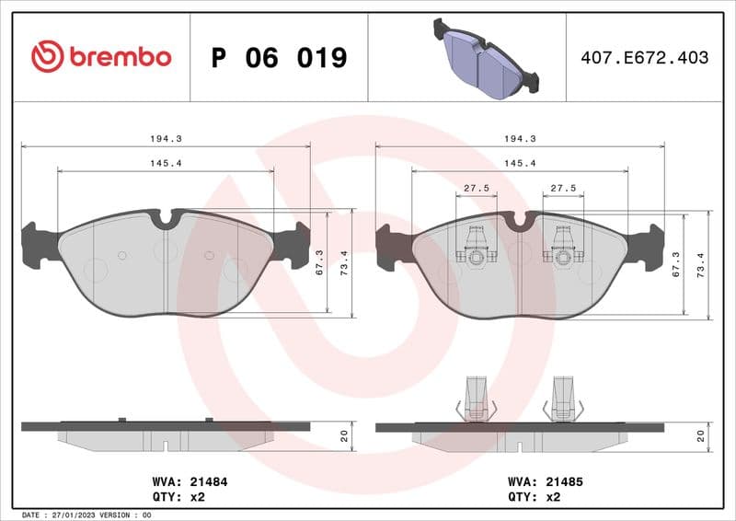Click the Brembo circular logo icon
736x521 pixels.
[47, 57]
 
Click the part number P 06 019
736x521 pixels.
[279, 58]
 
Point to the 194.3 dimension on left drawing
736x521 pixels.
[166, 138]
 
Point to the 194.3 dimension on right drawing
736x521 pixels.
[520, 138]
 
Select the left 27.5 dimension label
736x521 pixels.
[476, 188]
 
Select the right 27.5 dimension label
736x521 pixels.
[562, 188]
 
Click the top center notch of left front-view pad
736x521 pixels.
[166, 219]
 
